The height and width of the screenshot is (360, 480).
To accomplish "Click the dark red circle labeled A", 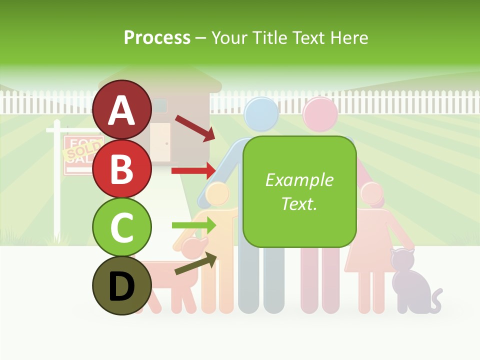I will coord(122,110).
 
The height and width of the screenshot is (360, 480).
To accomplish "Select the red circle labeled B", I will coord(122,169).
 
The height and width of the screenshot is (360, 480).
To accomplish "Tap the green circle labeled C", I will coord(122,227).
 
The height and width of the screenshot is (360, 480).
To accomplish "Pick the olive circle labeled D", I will coord(122,286).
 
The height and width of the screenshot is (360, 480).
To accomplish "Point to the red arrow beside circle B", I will coord(193,171).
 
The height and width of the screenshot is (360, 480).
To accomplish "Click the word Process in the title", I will coord(157,37).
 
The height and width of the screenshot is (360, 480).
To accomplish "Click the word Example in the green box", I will coord(299,180).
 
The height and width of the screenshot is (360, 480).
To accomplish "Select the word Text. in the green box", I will coord(299,203).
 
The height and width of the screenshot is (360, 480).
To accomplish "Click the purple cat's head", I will coord(403,260).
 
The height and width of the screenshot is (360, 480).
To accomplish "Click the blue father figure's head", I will coord(260,114).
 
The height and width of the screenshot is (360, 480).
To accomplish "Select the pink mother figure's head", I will coord(320,114).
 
